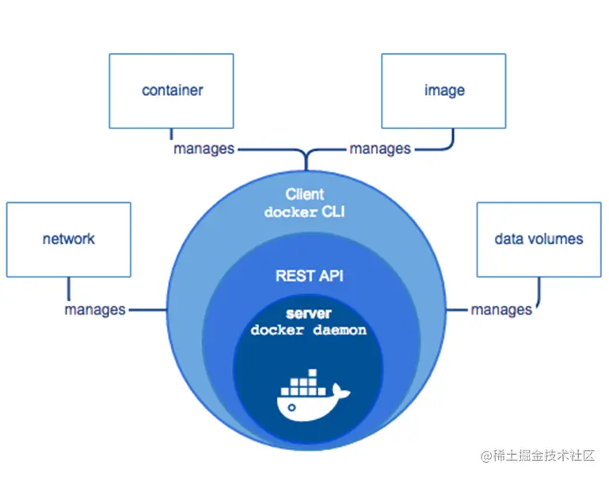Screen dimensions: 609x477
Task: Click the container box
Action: [x=171, y=91]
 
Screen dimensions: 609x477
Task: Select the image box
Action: [x=443, y=91]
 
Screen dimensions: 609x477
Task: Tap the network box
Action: [x=69, y=239]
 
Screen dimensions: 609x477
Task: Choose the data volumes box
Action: [x=539, y=239]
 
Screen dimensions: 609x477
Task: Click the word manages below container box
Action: [x=204, y=149]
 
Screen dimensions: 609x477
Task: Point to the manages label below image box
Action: [x=380, y=149]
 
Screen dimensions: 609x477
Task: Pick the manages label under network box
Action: [x=95, y=310]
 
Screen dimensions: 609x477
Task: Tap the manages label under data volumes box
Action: [x=501, y=310]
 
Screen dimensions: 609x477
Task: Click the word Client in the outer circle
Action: [x=304, y=194]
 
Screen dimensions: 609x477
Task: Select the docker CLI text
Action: [x=304, y=212]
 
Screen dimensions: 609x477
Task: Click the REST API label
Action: [x=310, y=276]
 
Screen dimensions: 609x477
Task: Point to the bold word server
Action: [x=309, y=313]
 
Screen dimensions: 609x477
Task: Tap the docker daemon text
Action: [x=309, y=330]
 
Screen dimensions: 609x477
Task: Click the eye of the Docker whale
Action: [x=291, y=407]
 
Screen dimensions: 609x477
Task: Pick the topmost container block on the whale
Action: [x=312, y=373]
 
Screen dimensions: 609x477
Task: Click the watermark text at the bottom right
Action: [x=538, y=456]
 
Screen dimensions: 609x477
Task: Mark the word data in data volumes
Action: [x=506, y=238]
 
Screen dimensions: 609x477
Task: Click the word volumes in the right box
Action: [x=552, y=238]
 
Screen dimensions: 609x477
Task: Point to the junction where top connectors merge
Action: [x=306, y=155]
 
